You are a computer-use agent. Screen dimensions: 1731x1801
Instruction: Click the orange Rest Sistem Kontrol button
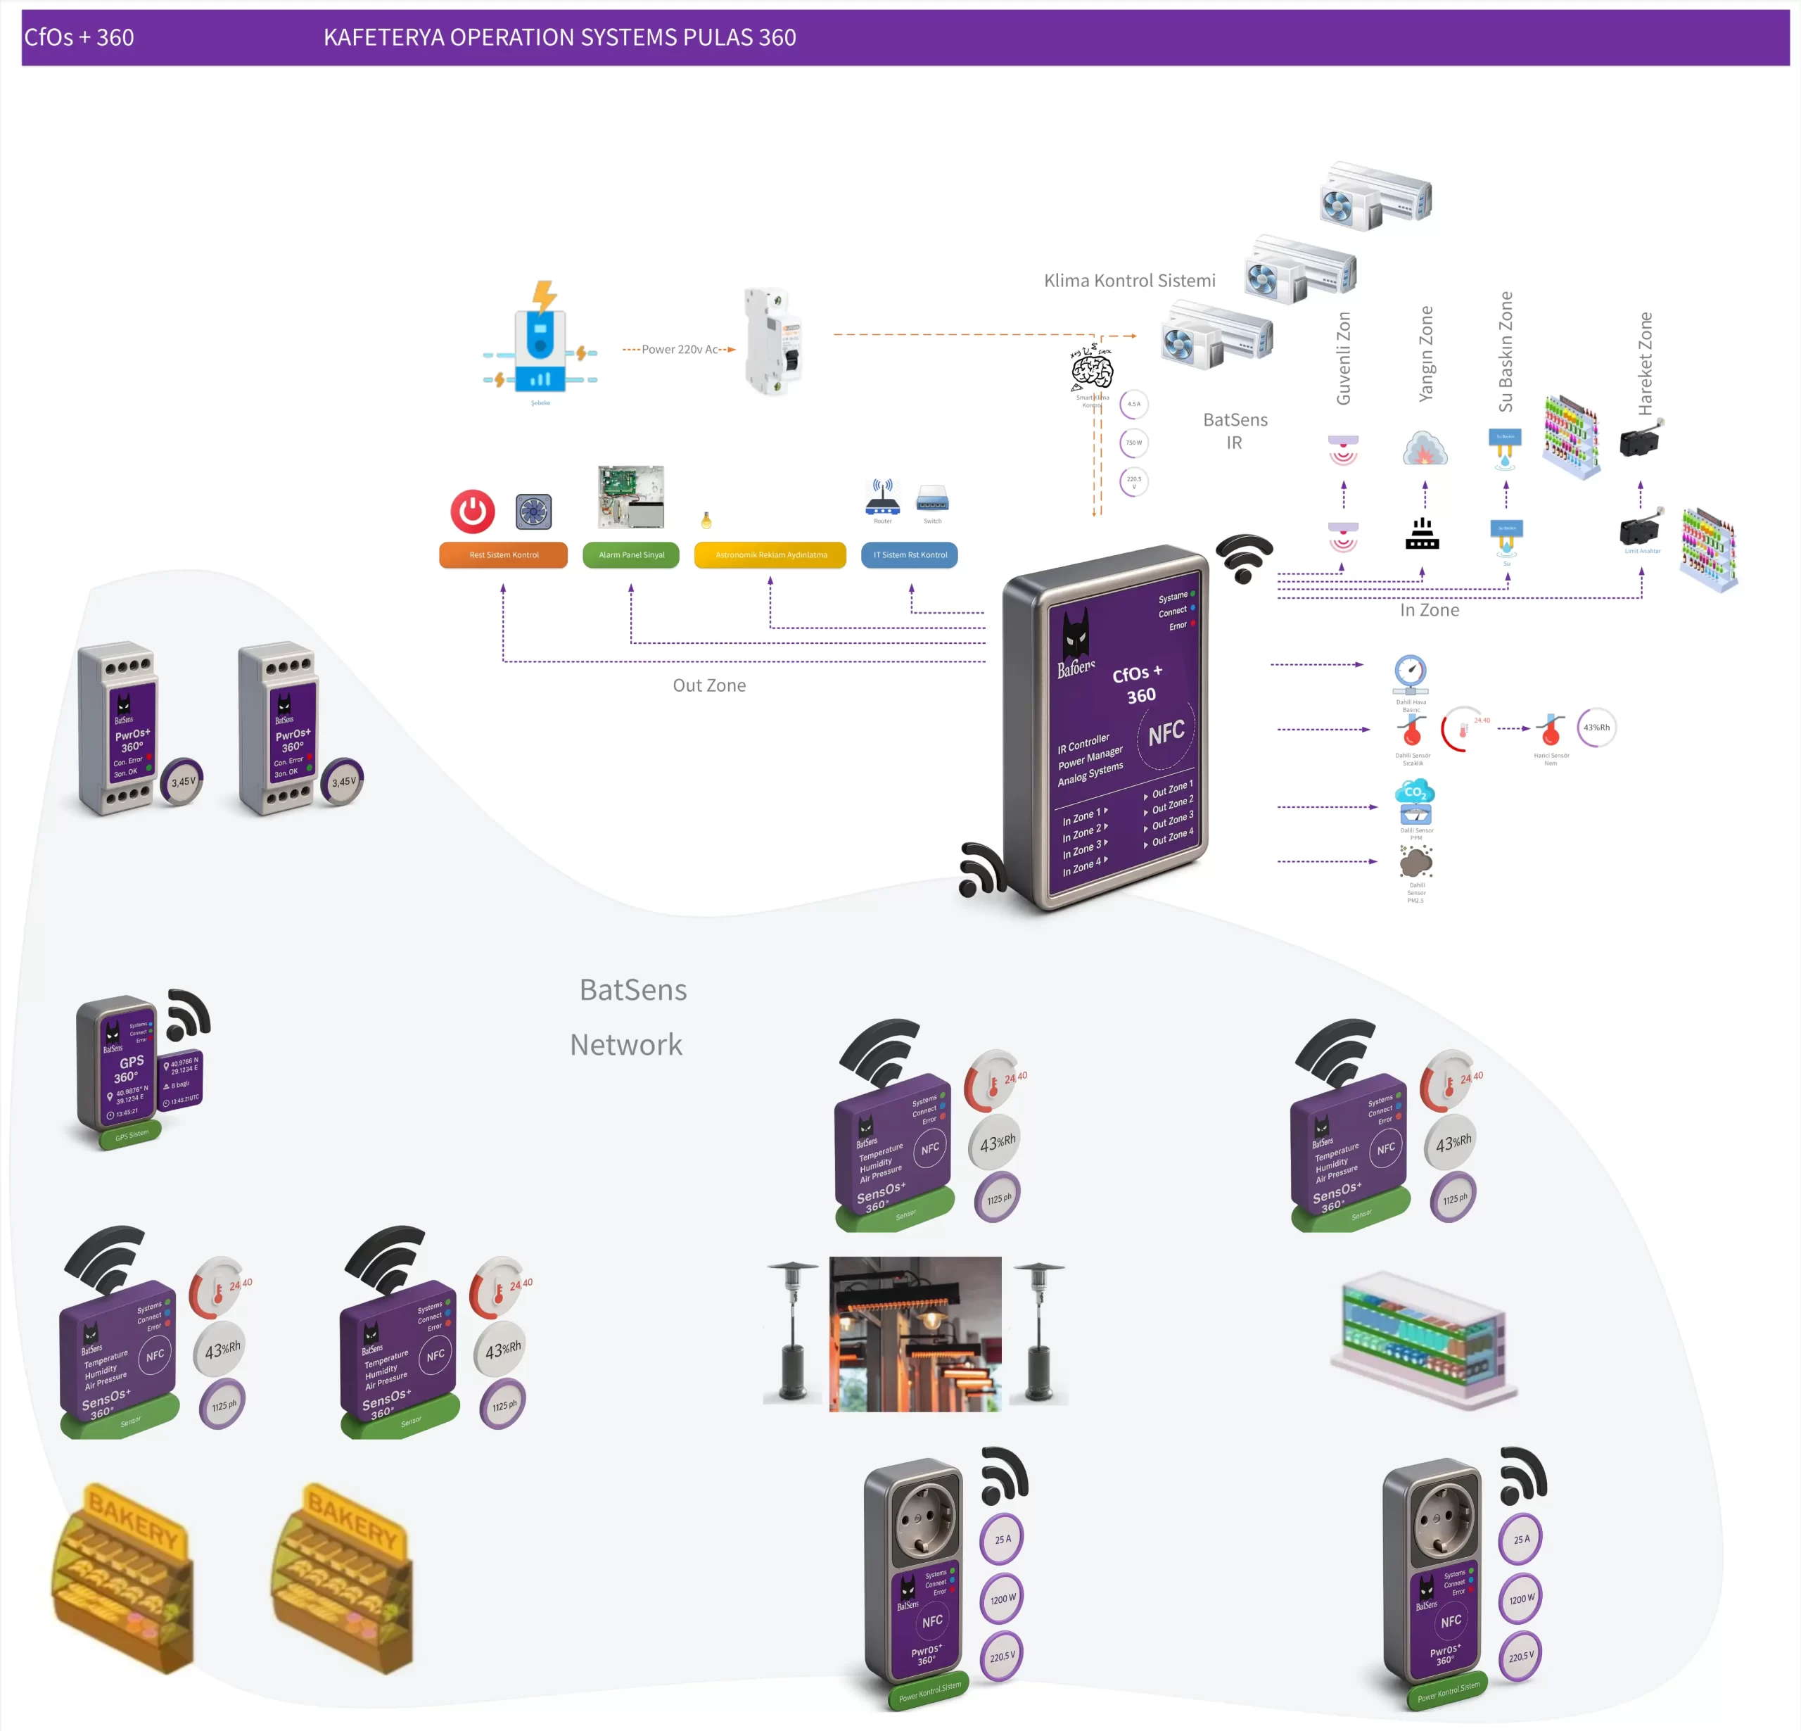pos(504,554)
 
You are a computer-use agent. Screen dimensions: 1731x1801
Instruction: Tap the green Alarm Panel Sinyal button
pos(631,554)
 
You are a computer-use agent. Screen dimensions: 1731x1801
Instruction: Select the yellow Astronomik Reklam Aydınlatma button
pos(770,554)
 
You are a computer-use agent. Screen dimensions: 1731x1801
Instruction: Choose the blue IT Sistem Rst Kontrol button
pos(910,554)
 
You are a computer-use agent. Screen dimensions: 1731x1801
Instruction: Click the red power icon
pos(472,511)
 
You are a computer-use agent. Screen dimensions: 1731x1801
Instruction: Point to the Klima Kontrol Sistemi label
pos(1129,280)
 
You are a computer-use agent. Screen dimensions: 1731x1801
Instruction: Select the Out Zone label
pos(709,685)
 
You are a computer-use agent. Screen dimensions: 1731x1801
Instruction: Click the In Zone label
pos(1429,609)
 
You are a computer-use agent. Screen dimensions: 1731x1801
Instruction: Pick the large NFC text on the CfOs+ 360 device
pos(1166,733)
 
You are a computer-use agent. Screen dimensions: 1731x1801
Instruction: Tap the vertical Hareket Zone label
pos(1645,363)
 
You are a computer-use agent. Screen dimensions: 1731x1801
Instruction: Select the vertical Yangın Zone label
pos(1425,353)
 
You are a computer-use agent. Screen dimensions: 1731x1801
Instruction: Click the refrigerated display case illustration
pos(1423,1338)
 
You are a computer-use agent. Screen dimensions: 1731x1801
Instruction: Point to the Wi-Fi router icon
pos(882,499)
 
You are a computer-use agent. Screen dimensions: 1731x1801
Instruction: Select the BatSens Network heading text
pos(630,1017)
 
